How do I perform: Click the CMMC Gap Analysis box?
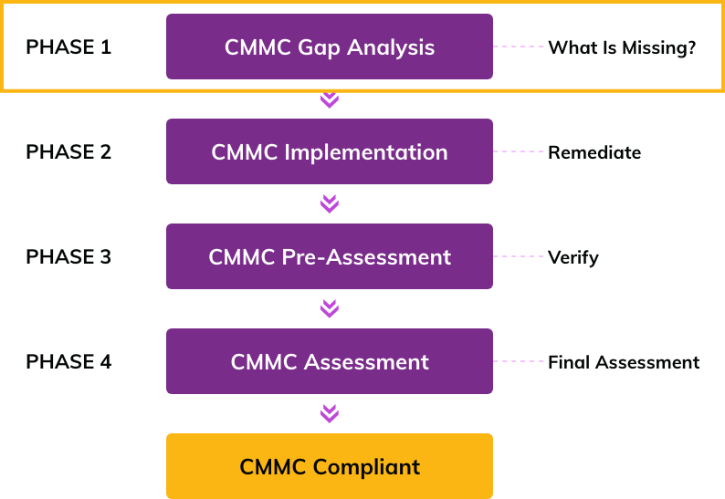[330, 47]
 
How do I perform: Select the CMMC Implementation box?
[330, 151]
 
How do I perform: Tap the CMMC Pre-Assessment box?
[330, 256]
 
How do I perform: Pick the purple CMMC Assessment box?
[330, 361]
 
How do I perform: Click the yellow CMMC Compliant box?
[330, 466]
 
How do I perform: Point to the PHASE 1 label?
[68, 47]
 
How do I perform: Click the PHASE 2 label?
[68, 151]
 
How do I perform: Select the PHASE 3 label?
[68, 256]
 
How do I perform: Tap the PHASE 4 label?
[68, 361]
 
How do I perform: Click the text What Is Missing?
[622, 47]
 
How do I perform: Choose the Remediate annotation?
[594, 152]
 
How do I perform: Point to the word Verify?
[573, 257]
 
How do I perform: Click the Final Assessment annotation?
[624, 362]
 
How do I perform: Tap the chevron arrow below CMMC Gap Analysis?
[330, 99]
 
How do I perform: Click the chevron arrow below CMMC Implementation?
[330, 204]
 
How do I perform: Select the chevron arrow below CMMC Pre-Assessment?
[330, 309]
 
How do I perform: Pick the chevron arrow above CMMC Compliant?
[330, 414]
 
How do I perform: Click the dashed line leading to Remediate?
[519, 151]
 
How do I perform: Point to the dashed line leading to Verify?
[519, 255]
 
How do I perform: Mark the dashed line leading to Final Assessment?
[519, 360]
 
